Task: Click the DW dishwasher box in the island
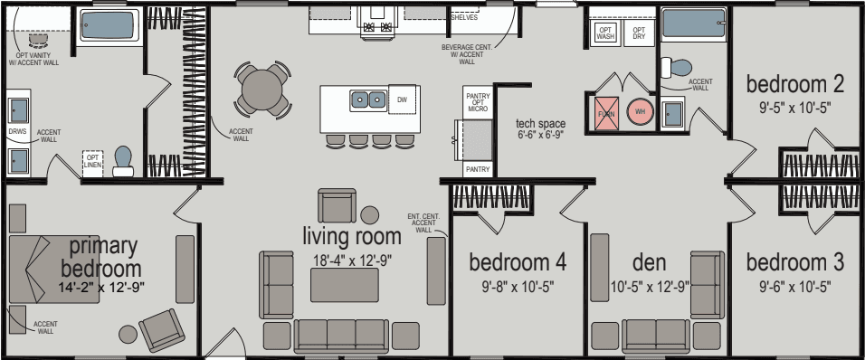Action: click(403, 99)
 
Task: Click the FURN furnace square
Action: click(605, 112)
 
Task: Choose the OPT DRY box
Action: click(639, 33)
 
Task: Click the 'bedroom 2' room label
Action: click(794, 84)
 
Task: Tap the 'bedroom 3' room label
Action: click(794, 263)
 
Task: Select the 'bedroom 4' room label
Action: click(517, 263)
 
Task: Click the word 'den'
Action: click(649, 263)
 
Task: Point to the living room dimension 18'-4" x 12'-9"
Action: click(351, 261)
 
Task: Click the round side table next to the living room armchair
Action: click(370, 214)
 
